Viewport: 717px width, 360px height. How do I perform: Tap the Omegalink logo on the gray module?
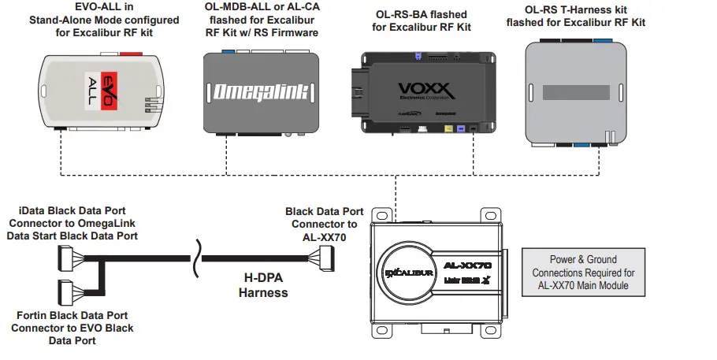[262, 93]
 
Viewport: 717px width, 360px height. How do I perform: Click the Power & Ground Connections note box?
[585, 271]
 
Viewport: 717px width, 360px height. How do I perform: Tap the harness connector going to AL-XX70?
[325, 257]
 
